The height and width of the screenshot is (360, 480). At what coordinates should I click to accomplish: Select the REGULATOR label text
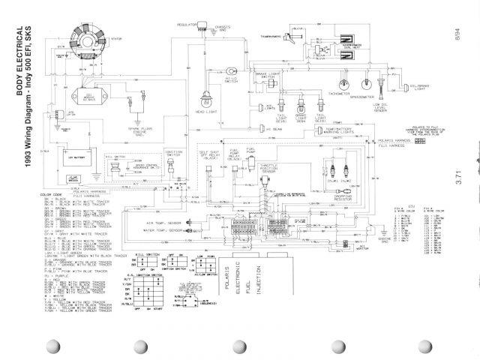click(186, 24)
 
